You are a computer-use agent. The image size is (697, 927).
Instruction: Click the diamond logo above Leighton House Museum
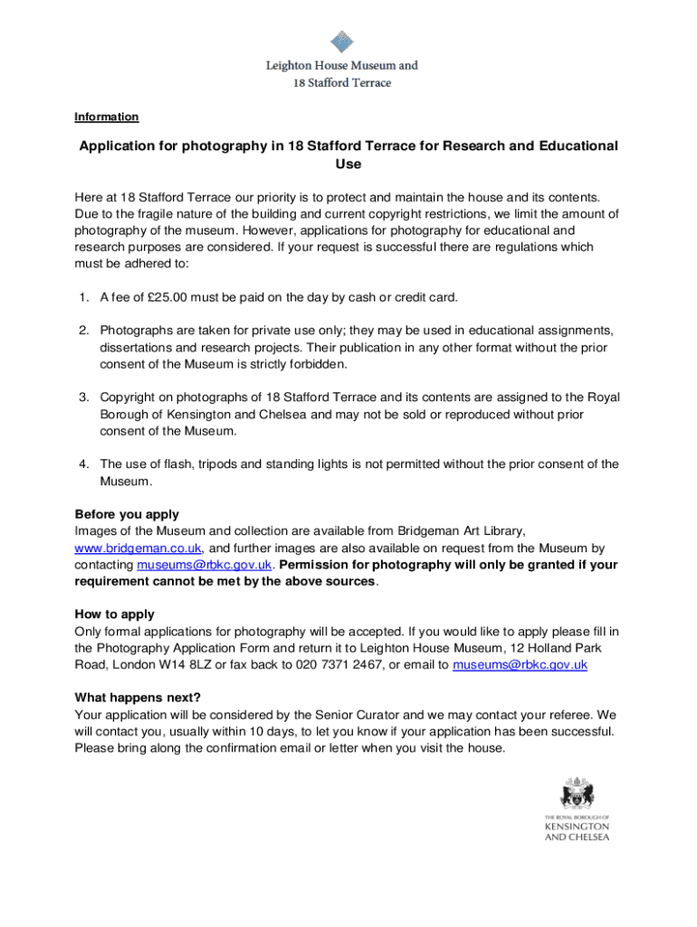coord(341,42)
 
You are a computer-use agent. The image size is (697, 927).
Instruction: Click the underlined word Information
coord(106,117)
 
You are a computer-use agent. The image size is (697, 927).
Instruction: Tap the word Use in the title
coord(348,164)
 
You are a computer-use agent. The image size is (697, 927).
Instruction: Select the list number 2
coord(82,330)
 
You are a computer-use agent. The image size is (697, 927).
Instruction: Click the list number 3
coord(82,397)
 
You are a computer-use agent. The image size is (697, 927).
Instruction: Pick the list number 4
coord(82,464)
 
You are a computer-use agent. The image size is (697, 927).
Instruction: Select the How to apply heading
coord(114,614)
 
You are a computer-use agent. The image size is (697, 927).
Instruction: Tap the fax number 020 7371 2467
coord(346,664)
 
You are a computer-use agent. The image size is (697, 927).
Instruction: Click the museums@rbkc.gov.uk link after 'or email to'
coord(520,664)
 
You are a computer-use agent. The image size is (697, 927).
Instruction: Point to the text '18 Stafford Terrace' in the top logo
coord(341,83)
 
